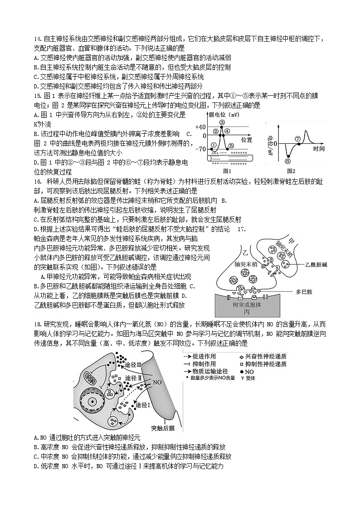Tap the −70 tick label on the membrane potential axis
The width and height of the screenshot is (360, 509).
pyautogui.click(x=199, y=149)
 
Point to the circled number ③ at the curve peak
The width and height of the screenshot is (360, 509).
pyautogui.click(x=222, y=122)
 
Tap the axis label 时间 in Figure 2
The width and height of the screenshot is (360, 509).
pyautogui.click(x=319, y=149)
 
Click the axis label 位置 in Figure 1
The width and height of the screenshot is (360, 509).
pyautogui.click(x=247, y=139)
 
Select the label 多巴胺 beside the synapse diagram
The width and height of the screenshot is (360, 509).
pyautogui.click(x=304, y=292)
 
